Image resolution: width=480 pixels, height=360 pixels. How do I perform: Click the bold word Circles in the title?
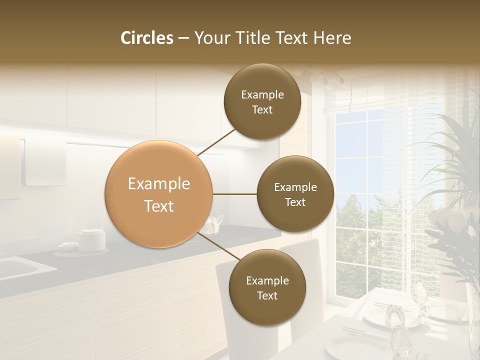pos(146,38)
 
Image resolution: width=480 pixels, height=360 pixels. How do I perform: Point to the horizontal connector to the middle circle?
pos(235,193)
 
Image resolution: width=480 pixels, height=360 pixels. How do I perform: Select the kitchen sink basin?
pos(20,267)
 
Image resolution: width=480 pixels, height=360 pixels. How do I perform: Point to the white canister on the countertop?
pos(92,239)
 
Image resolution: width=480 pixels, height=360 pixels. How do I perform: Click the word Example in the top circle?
pos(262,94)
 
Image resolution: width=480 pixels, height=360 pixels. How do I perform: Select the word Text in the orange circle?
pos(158,206)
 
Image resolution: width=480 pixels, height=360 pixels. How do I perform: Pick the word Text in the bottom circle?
pos(267,295)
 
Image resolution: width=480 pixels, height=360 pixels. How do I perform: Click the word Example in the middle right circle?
pos(295,187)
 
